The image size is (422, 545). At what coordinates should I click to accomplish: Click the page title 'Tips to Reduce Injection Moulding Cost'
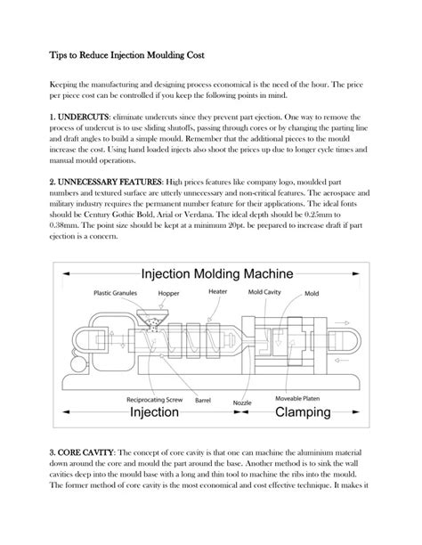point(127,55)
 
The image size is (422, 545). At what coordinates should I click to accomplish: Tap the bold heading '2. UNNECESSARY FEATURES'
point(105,181)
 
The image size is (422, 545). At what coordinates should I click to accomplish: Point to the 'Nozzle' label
point(242,403)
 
